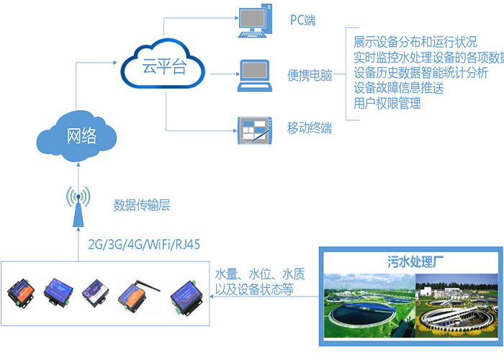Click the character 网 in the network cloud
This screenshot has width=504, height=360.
coord(71,135)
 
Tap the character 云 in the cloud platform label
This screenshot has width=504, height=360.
coord(149,68)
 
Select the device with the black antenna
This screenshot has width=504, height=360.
coord(138,294)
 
